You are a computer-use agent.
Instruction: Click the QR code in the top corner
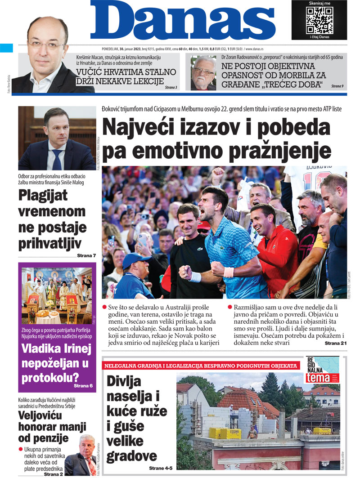click(319, 19)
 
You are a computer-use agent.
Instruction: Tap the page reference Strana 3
click(171, 87)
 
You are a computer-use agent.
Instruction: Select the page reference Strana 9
click(337, 85)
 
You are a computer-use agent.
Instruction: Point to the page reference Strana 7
click(86, 256)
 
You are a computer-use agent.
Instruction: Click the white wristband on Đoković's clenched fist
click(229, 272)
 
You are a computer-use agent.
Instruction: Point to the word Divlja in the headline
click(124, 381)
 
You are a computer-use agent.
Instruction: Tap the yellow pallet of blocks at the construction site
click(225, 433)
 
